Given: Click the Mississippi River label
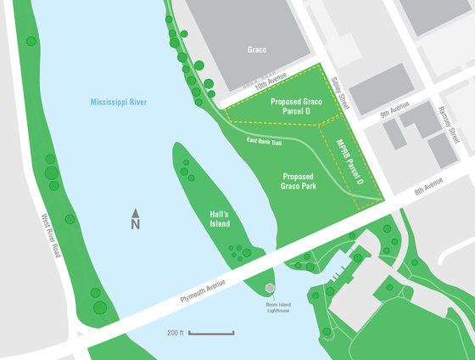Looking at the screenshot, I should tap(124, 103).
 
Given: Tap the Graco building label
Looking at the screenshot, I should tap(256, 49).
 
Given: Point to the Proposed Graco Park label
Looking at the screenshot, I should tap(305, 178).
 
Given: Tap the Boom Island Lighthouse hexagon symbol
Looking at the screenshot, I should tap(271, 290).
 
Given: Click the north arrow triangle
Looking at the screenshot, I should tap(135, 211).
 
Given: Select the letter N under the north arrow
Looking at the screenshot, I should tap(135, 225).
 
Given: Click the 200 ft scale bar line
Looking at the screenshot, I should tap(210, 332).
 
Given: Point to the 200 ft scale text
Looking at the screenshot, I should tap(176, 332).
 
